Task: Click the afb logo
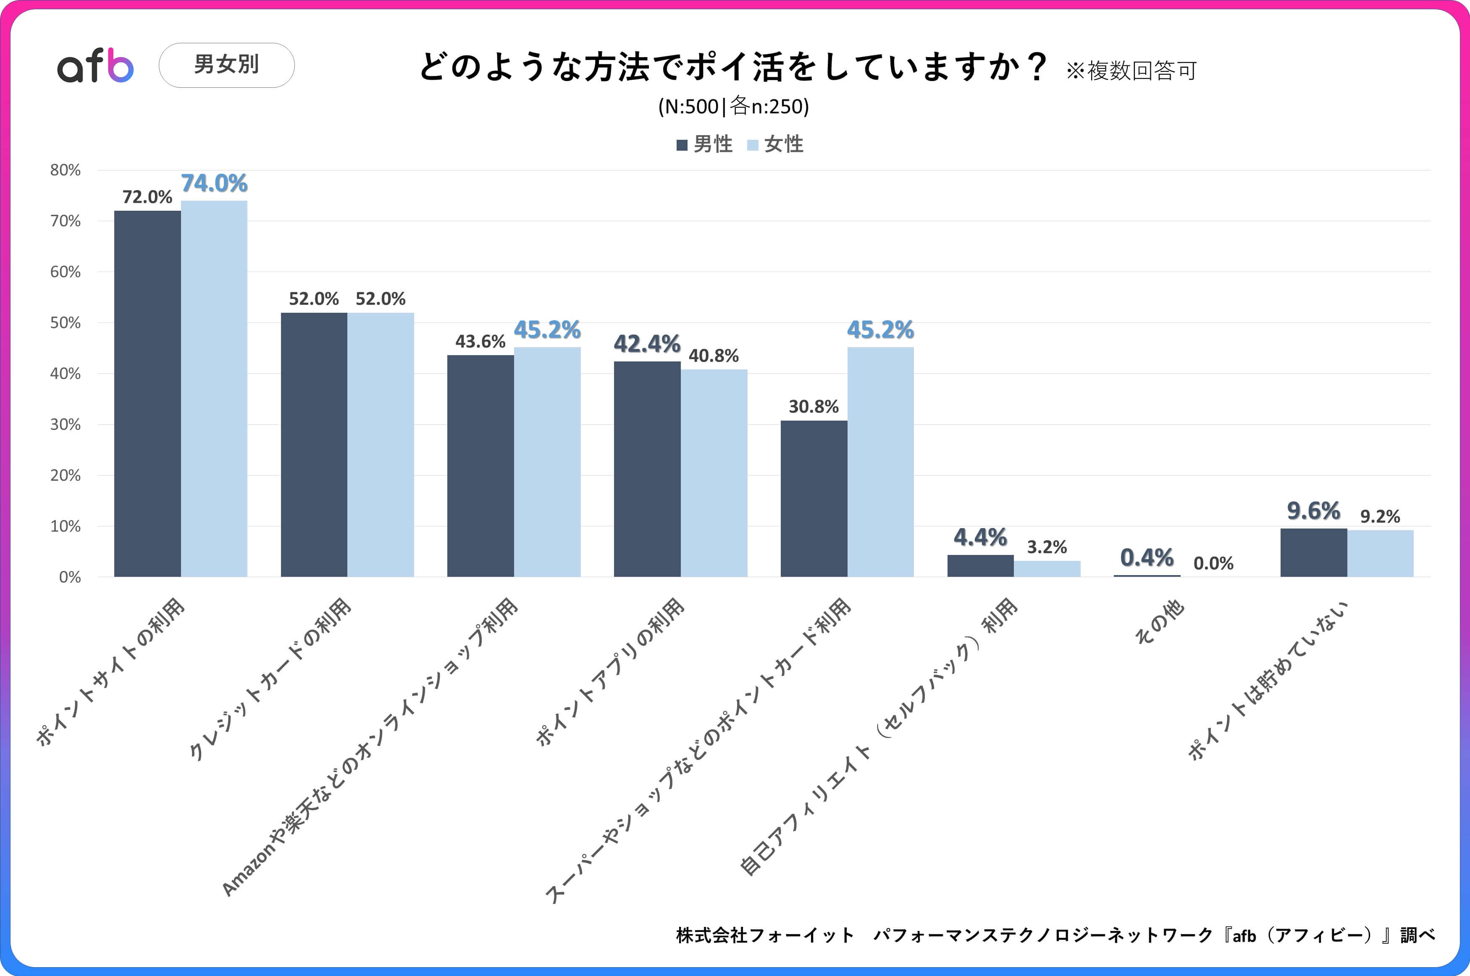[95, 65]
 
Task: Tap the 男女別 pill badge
[227, 65]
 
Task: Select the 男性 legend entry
[705, 144]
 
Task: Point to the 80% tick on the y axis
[66, 170]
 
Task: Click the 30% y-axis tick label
[66, 424]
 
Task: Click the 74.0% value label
[214, 183]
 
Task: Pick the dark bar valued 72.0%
[147, 393]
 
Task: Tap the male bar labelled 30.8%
[814, 498]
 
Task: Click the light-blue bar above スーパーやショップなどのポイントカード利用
[880, 462]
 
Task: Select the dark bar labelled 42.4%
[647, 469]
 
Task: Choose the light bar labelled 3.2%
[1047, 569]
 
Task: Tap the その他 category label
[1159, 622]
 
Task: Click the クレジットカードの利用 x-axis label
[270, 678]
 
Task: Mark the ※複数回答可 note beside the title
[1131, 71]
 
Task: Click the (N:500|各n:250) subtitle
[733, 107]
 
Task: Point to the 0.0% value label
[1213, 563]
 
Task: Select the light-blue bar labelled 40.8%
[714, 473]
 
